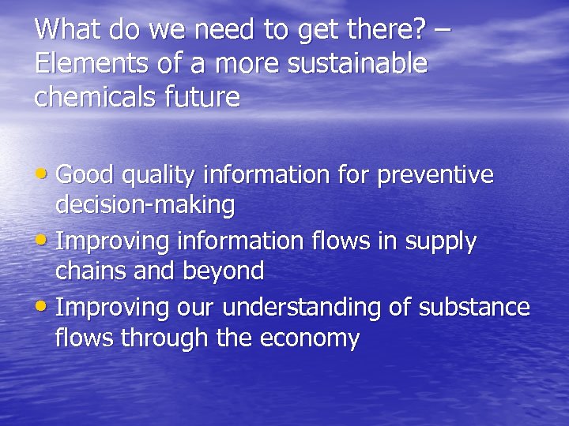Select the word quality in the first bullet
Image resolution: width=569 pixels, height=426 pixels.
[161, 174]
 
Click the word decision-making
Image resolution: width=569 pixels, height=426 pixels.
[145, 206]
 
